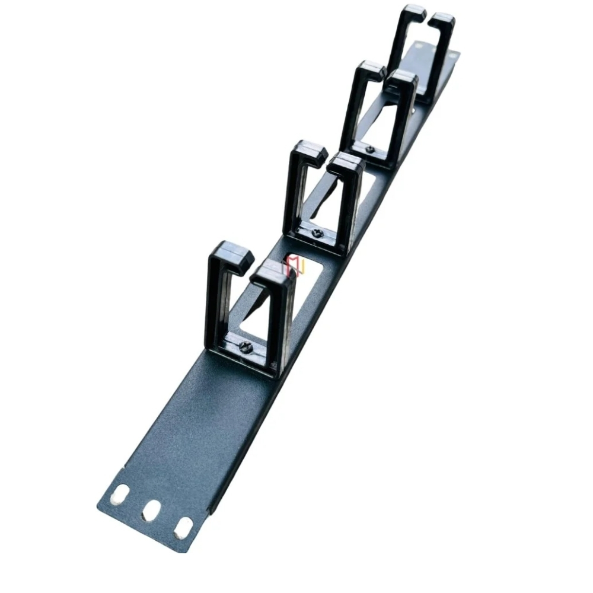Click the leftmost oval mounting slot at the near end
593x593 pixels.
pos(121,493)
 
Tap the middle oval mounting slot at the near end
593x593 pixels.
pos(151,510)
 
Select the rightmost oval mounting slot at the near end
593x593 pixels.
pos(183,528)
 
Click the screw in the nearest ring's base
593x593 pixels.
pos(246,347)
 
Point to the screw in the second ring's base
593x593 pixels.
pos(317,233)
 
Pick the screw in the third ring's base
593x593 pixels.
pos(370,149)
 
